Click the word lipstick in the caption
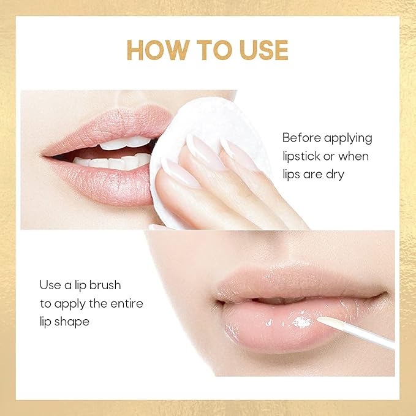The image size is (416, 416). pos(303,156)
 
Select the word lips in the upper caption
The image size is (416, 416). pos(293,175)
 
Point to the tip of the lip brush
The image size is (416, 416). pos(320,319)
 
